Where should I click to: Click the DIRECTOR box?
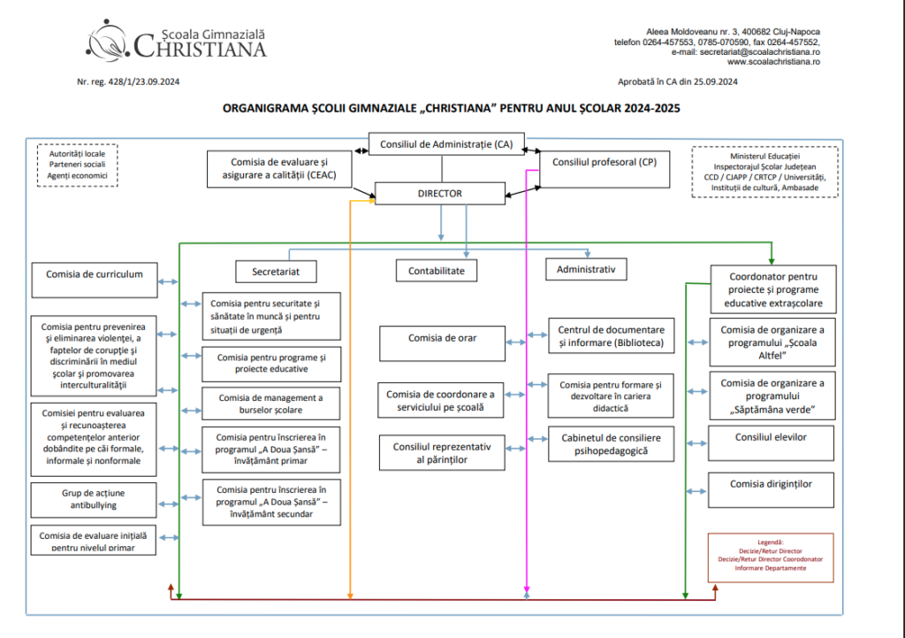click(x=440, y=194)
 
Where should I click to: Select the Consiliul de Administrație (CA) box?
click(x=446, y=144)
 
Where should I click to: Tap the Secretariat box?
click(x=276, y=272)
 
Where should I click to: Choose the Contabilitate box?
click(x=437, y=271)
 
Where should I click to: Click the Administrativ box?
click(x=587, y=269)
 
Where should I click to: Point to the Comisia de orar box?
click(x=442, y=343)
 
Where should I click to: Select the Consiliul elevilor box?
click(x=771, y=443)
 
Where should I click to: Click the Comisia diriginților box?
click(x=771, y=490)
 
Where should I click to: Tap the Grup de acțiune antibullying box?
click(x=94, y=500)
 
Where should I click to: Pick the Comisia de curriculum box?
click(x=95, y=281)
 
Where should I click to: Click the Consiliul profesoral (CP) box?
click(x=605, y=169)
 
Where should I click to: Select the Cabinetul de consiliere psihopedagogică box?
click(x=612, y=444)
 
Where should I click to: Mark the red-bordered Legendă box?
click(x=771, y=557)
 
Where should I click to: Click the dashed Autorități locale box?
click(x=78, y=165)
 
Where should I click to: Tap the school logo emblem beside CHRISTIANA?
click(x=107, y=41)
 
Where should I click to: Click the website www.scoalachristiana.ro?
click(x=773, y=62)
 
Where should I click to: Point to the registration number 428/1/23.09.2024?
click(x=144, y=82)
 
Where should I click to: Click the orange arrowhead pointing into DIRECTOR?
click(x=372, y=201)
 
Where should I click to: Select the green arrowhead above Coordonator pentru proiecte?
click(x=772, y=261)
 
